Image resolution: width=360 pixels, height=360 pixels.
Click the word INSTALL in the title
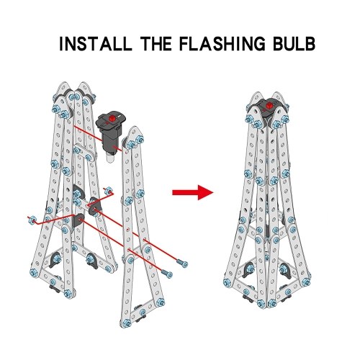pyautogui.click(x=96, y=44)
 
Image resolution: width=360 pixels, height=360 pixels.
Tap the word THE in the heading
pyautogui.click(x=156, y=44)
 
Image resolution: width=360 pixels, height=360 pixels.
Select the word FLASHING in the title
pyautogui.click(x=222, y=44)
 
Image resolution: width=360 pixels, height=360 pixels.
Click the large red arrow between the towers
pyautogui.click(x=193, y=192)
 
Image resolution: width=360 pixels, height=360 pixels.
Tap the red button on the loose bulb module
pyautogui.click(x=112, y=118)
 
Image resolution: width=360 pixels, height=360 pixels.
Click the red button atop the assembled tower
pyautogui.click(x=269, y=105)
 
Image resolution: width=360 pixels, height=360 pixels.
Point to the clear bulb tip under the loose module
pyautogui.click(x=109, y=160)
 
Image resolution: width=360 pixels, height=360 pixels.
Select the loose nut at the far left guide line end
pyautogui.click(x=32, y=219)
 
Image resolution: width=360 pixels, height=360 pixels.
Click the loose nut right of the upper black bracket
pyautogui.click(x=108, y=191)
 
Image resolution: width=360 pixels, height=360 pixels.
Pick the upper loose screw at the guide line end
pyautogui.click(x=183, y=264)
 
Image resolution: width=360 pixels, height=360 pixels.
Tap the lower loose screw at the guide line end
pyautogui.click(x=167, y=274)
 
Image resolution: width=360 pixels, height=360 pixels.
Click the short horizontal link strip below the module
pyautogui.click(x=84, y=153)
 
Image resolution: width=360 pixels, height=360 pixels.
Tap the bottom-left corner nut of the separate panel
pyautogui.click(x=125, y=323)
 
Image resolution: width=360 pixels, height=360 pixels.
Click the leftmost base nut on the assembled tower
pyautogui.click(x=227, y=282)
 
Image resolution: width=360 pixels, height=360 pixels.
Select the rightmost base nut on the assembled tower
pyautogui.click(x=306, y=282)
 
